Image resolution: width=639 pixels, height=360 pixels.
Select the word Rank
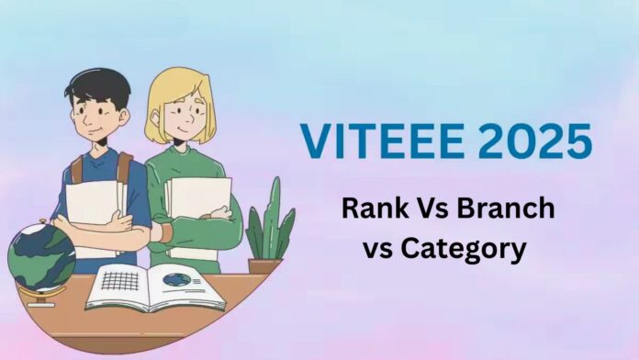373,208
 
